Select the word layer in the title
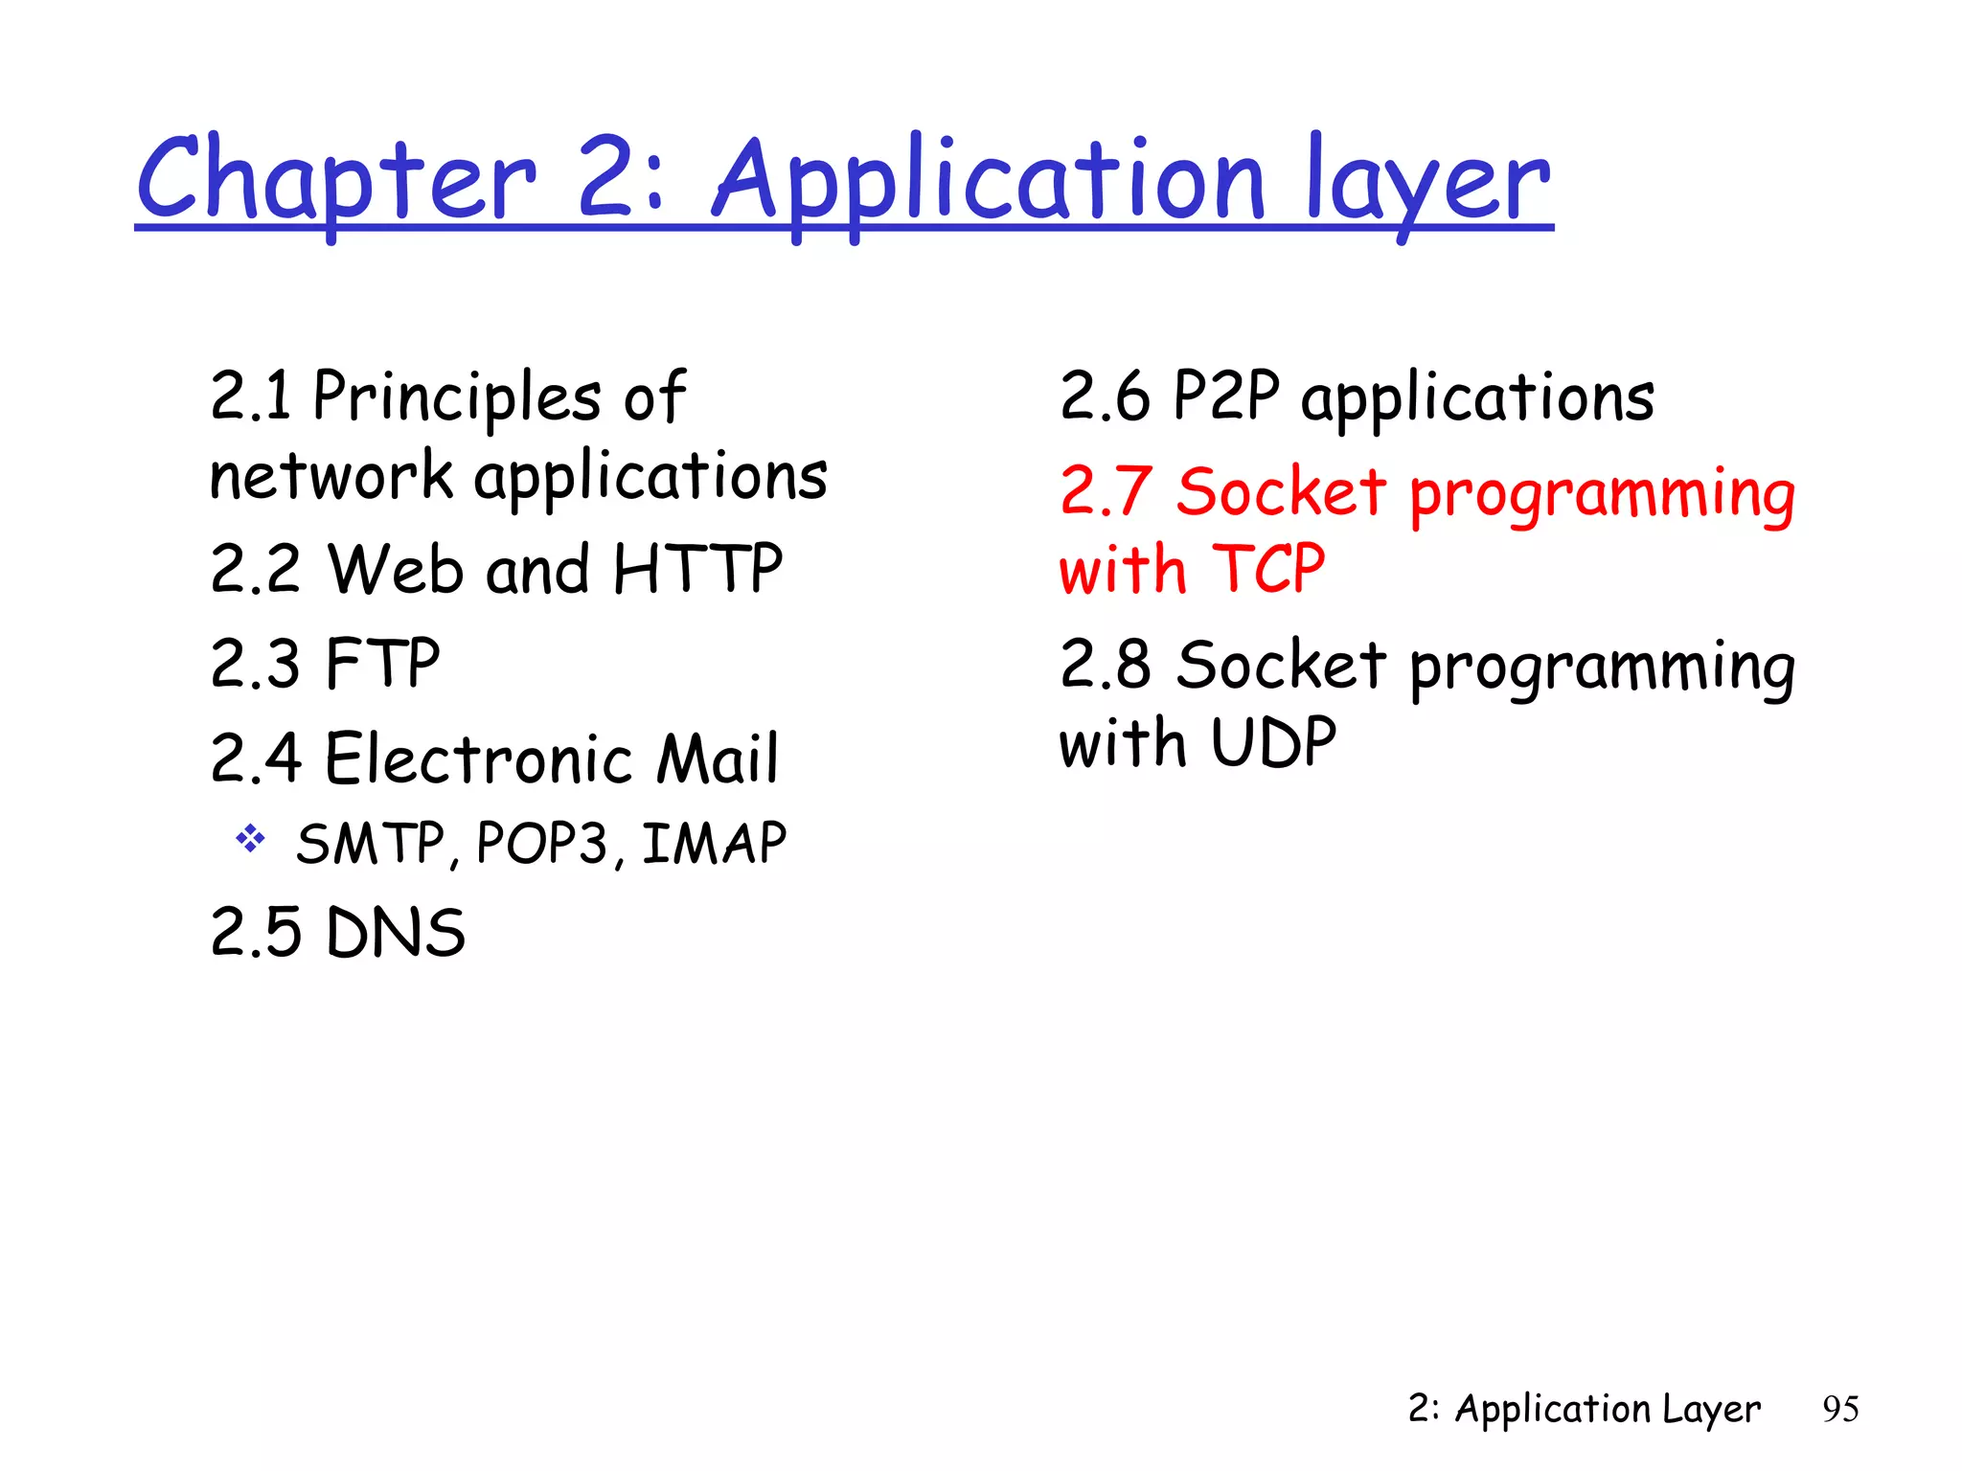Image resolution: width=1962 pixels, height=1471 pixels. [x=1427, y=182]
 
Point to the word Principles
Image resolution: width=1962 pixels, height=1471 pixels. [x=457, y=397]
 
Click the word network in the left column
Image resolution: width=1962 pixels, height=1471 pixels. [x=331, y=476]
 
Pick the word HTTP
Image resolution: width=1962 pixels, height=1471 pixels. [x=697, y=569]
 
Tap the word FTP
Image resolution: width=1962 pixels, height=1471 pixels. [x=382, y=663]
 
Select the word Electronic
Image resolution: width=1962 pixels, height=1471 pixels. [x=479, y=758]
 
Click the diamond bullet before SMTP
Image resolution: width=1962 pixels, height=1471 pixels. [x=250, y=839]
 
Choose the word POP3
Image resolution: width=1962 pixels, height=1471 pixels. [x=541, y=844]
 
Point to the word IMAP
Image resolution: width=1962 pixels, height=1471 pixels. [x=714, y=844]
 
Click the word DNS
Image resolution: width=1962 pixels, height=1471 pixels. [x=395, y=932]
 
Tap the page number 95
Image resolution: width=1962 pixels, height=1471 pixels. [x=1840, y=1409]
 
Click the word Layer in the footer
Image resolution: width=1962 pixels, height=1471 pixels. [x=1711, y=1409]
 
